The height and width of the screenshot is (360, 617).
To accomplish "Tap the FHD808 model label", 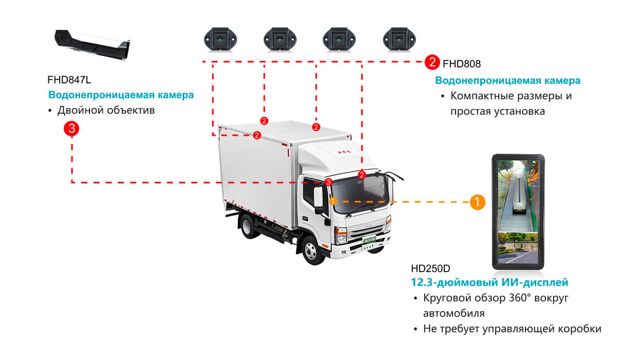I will coord(462,64).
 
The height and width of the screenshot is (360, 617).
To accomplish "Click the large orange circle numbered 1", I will coord(478,202).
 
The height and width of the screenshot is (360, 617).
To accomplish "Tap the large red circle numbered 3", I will coord(70,129).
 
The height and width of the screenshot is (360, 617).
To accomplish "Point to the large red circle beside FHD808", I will coord(432,63).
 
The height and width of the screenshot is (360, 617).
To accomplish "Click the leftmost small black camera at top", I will coord(220,39).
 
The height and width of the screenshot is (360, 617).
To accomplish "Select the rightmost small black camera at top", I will coord(398,39).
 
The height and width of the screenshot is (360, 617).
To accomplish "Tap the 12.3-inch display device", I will coord(517,212).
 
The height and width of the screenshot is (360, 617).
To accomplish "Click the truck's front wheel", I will coord(312,250).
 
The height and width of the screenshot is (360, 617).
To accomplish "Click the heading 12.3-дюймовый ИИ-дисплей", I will coord(489,282).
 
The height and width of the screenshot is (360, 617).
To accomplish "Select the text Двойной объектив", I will coord(106,111).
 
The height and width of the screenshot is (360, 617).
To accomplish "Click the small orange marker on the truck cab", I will coord(333,201).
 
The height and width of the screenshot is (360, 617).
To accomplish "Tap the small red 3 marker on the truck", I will coord(329,182).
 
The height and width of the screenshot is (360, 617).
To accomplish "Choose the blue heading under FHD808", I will coord(507,81).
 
